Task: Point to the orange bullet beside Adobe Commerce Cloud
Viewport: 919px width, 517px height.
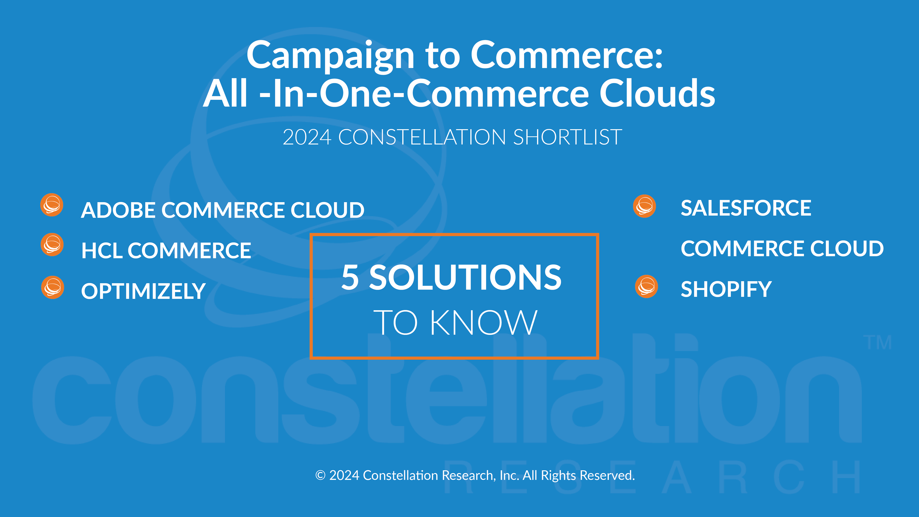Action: click(x=52, y=205)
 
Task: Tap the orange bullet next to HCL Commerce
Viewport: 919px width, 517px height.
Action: click(x=52, y=245)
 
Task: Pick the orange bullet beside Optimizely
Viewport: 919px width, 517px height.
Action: click(x=53, y=287)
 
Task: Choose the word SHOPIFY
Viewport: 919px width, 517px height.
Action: click(x=726, y=289)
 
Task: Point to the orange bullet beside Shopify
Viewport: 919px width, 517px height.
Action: click(x=646, y=287)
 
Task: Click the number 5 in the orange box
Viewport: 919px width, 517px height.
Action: click(x=350, y=277)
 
